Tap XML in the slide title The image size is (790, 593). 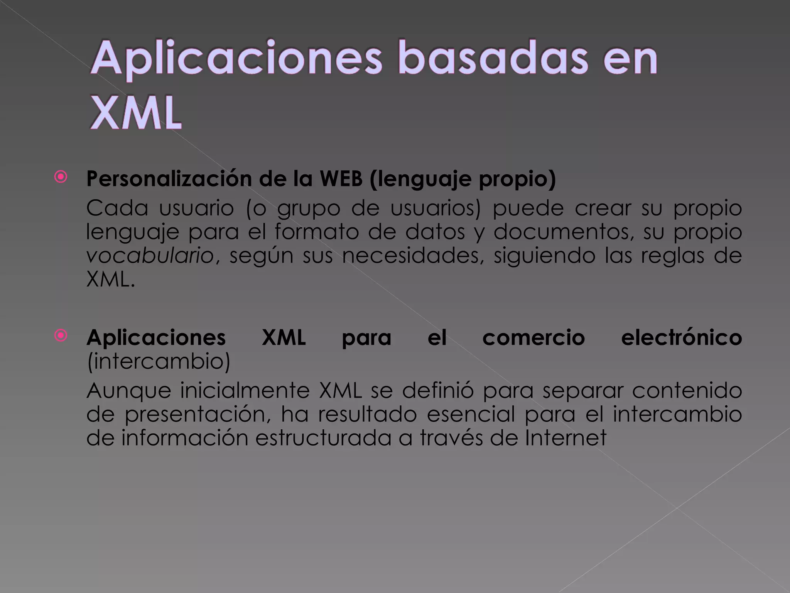[136, 113]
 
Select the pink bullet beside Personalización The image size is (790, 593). [61, 177]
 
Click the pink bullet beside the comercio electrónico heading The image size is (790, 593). [61, 335]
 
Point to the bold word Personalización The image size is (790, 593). [169, 179]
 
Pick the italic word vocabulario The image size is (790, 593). [150, 256]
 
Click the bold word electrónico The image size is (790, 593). [681, 337]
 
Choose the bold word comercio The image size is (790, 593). [533, 337]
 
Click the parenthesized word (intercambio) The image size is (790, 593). [159, 361]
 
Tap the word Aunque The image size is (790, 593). [128, 391]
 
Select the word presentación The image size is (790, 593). [195, 414]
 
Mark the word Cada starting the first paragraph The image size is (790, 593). [117, 208]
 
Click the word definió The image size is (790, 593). [437, 390]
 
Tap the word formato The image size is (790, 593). [317, 232]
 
